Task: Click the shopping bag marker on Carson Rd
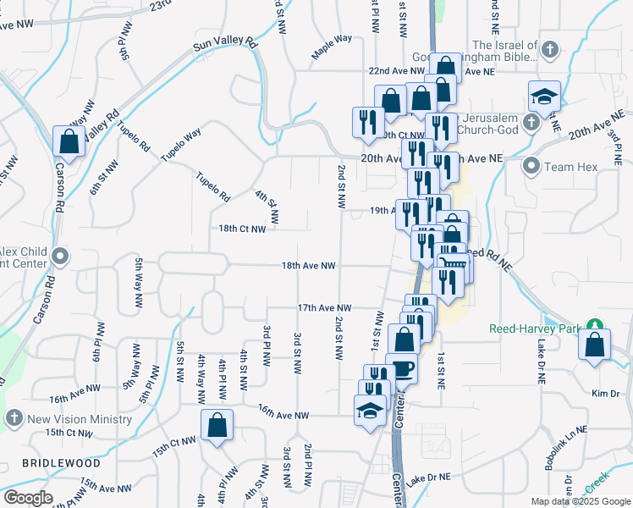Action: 69,142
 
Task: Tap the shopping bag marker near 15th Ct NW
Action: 217,426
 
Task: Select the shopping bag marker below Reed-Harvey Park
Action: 596,345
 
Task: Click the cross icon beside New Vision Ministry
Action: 14,418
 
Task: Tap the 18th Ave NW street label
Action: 309,266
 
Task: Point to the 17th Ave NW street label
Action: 323,308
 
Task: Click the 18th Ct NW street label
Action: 242,229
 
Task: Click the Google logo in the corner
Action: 28,498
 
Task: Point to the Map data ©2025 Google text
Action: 580,501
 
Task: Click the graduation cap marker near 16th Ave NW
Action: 369,411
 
